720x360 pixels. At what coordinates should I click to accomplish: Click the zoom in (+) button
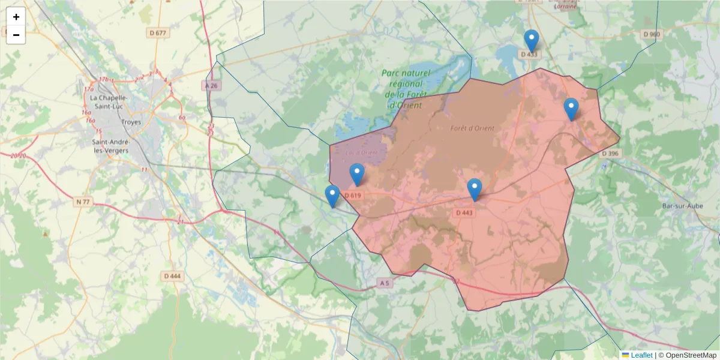16,17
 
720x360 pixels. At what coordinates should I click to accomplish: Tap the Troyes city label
131,122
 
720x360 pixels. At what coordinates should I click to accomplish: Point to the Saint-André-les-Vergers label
110,146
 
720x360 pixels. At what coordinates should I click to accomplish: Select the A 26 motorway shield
211,86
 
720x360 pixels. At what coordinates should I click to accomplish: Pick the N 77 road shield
83,202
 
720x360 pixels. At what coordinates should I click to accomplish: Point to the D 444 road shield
172,276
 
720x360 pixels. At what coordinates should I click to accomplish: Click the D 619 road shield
353,195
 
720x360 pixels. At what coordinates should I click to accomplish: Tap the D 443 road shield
464,212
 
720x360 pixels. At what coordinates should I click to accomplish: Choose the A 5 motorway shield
385,282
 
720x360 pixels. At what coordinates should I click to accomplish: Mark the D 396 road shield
609,154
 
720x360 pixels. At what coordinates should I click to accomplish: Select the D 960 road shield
651,34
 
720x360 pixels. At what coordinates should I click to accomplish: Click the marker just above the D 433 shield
531,41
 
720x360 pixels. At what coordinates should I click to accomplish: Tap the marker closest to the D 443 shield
475,190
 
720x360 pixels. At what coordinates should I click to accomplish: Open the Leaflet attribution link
641,355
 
